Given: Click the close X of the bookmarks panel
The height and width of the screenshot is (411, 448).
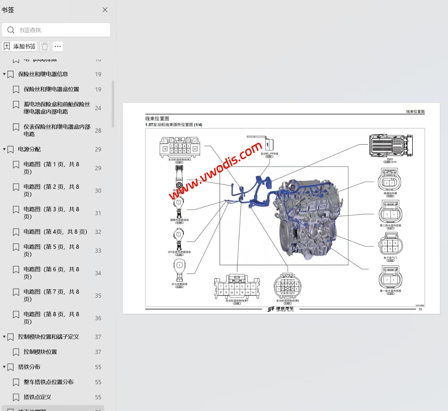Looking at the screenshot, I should coord(105,10).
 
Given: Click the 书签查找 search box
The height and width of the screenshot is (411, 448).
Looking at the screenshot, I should coord(56,30).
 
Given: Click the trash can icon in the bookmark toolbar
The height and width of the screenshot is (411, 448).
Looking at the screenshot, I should coord(45,46).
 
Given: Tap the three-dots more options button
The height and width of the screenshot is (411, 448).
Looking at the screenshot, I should coord(58,46).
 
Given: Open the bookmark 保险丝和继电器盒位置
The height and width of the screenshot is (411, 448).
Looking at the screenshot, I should coord(51,89).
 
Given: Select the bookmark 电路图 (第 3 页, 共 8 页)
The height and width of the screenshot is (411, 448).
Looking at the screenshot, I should coord(51,213).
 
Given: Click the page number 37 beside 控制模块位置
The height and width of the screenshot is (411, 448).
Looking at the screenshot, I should coord(98,352).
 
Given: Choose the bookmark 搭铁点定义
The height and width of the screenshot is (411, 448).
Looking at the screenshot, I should coord(37,397).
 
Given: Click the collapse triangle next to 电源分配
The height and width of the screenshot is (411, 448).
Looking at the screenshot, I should coord(4,149).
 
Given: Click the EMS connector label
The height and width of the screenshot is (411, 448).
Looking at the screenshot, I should coord(390,159).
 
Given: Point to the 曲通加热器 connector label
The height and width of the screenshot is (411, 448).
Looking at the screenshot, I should coord(390,193).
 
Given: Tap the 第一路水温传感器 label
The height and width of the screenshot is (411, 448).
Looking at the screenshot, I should coord(390,291).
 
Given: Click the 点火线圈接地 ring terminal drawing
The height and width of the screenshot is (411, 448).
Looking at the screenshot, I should coord(180,270).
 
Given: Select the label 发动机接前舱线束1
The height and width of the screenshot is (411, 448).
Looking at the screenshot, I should coord(237,301).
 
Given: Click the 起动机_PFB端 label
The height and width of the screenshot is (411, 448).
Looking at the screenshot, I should coord(269,154).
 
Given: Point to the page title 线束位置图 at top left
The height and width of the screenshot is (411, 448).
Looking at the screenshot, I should coord(157,118).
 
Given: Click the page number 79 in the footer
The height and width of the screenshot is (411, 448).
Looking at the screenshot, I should coord(420,309).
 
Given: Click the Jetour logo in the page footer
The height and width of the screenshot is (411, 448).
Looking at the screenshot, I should coord(281,309).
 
